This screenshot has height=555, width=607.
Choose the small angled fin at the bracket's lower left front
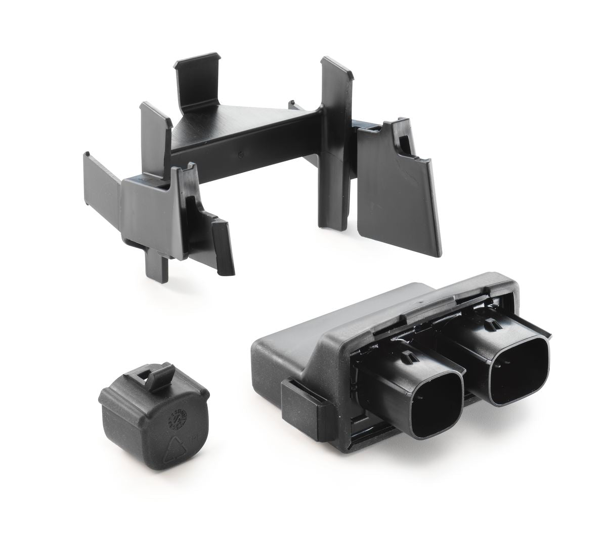tap(223, 248)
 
